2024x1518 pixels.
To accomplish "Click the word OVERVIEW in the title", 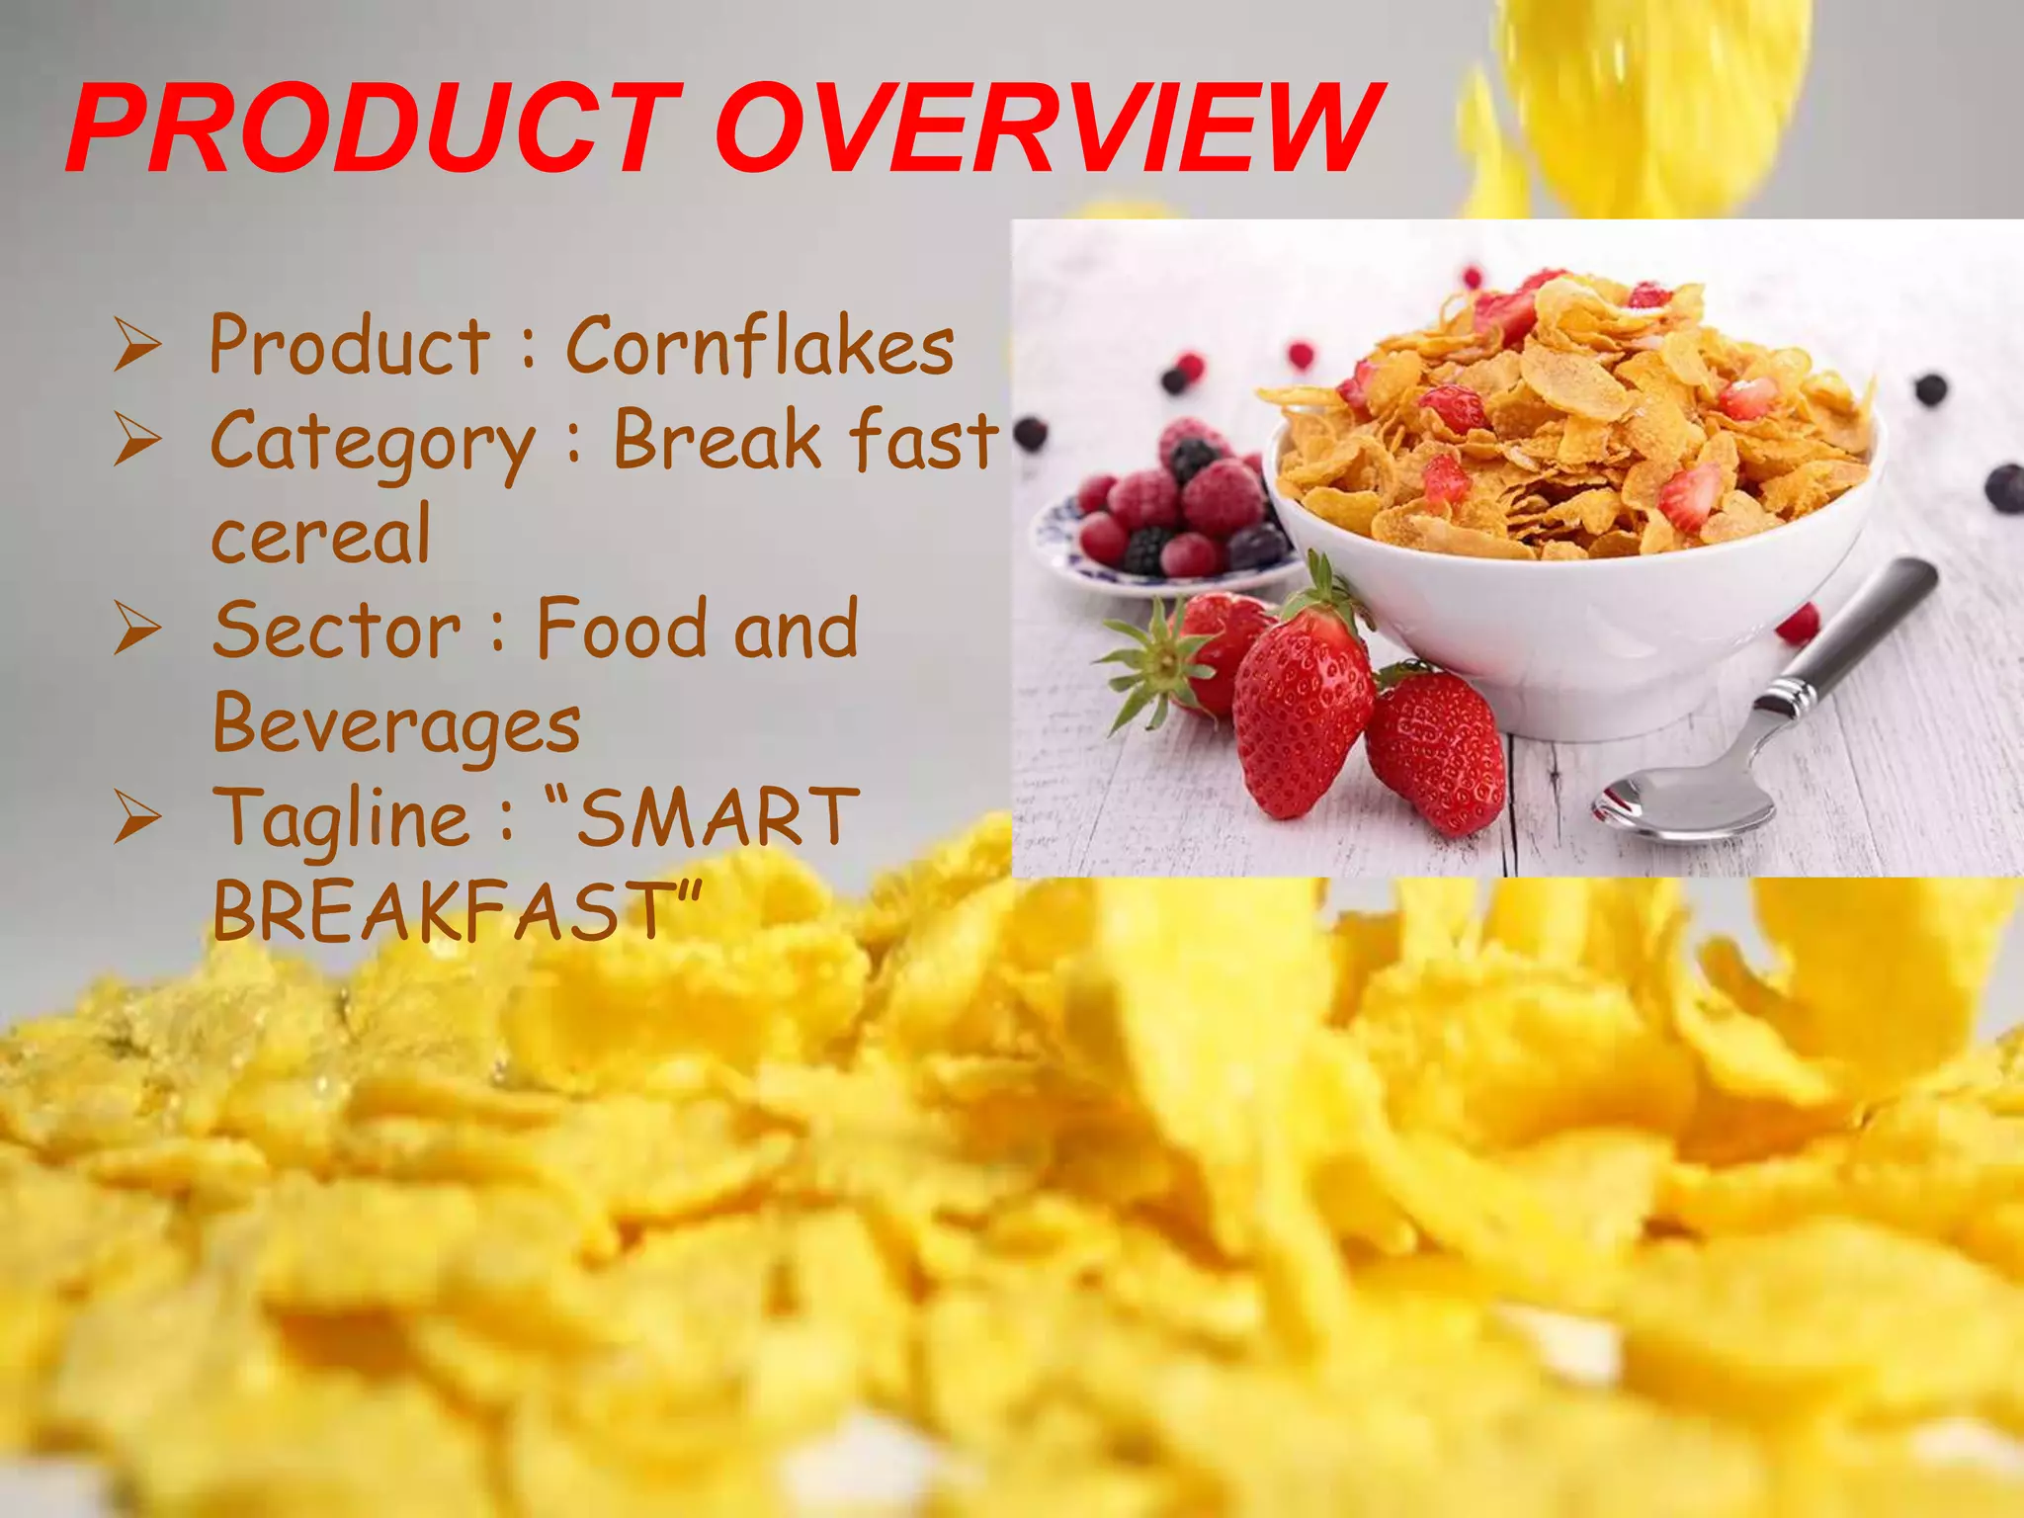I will tap(1048, 128).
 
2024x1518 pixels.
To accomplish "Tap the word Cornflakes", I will tap(759, 346).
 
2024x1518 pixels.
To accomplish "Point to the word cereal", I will tap(321, 534).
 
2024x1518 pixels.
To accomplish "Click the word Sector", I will tap(337, 630).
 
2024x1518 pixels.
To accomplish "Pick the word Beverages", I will tap(396, 724).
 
